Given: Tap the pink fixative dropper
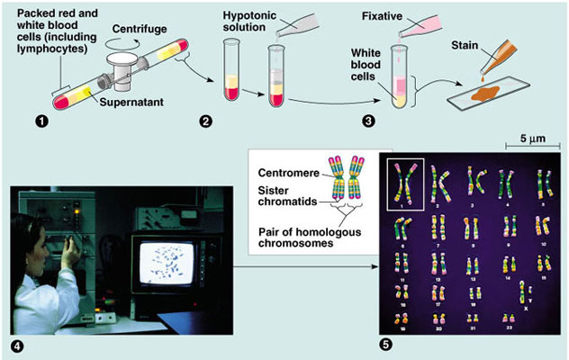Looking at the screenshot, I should coord(417,26).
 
